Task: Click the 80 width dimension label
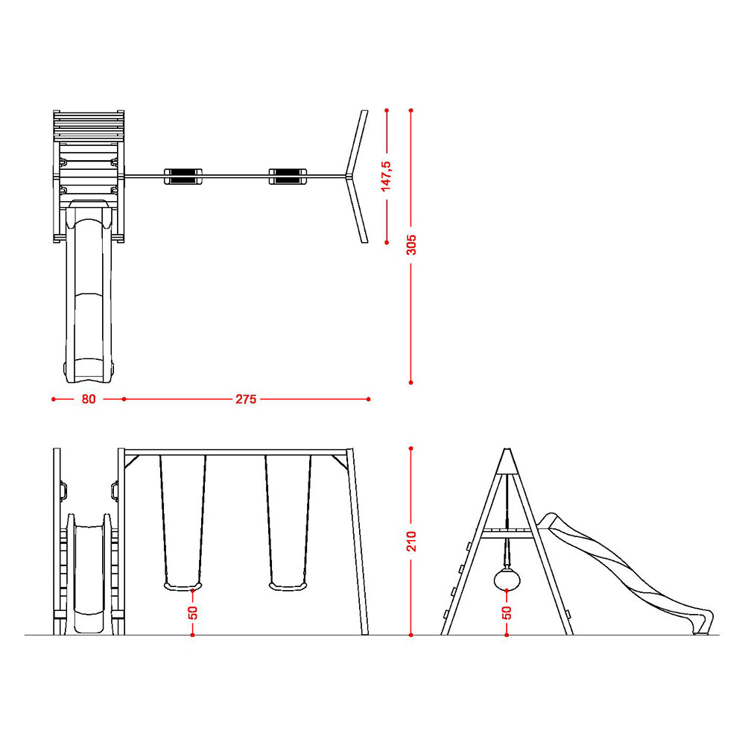[x=89, y=399]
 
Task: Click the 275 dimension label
[x=246, y=399]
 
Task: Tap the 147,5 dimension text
[x=386, y=177]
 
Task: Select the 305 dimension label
[x=411, y=244]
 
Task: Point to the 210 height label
[x=411, y=541]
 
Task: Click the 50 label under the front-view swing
[x=192, y=612]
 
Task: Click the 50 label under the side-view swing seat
[x=507, y=612]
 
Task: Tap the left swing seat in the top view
[x=183, y=177]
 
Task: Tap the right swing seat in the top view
[x=288, y=177]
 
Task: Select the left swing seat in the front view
[x=183, y=586]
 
